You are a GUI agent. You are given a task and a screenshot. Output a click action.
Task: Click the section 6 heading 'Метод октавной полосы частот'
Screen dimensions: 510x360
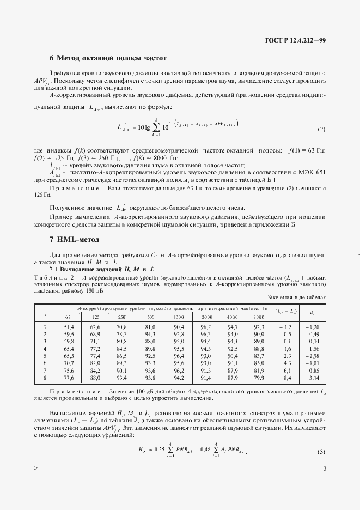pyautogui.click(x=107, y=58)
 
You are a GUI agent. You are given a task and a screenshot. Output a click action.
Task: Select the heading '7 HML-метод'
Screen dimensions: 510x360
pyautogui.click(x=76, y=239)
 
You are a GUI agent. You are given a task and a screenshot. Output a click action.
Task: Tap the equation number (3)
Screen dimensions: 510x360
pyautogui.click(x=321, y=452)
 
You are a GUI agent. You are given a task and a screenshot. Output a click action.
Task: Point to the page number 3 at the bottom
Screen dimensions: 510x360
pyautogui.click(x=324, y=483)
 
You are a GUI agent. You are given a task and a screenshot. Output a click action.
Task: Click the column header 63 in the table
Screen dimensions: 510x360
pyautogui.click(x=68, y=317)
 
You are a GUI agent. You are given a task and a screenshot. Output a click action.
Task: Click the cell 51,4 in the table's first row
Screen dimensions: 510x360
pyautogui.click(x=68, y=326)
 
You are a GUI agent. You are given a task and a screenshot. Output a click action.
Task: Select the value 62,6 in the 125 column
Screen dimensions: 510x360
pyautogui.click(x=95, y=326)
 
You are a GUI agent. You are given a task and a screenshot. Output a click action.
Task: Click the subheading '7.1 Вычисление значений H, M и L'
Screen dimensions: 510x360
pyautogui.click(x=102, y=269)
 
